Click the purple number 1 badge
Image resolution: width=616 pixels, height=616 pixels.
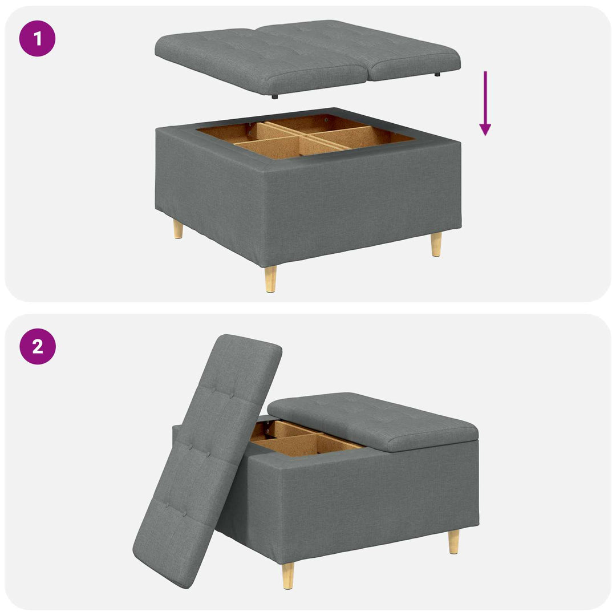click(37, 39)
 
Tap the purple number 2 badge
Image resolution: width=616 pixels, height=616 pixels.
click(38, 347)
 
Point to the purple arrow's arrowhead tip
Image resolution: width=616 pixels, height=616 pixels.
click(485, 136)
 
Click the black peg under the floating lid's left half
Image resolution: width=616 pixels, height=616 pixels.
click(274, 96)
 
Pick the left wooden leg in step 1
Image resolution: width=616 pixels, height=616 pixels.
click(178, 229)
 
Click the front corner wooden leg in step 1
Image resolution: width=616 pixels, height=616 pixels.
click(270, 279)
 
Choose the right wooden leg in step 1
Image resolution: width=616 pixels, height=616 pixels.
click(436, 244)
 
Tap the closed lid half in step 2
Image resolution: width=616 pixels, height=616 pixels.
click(373, 421)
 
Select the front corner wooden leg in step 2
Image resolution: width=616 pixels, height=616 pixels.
click(288, 576)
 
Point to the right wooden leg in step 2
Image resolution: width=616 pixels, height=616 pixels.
click(454, 542)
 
